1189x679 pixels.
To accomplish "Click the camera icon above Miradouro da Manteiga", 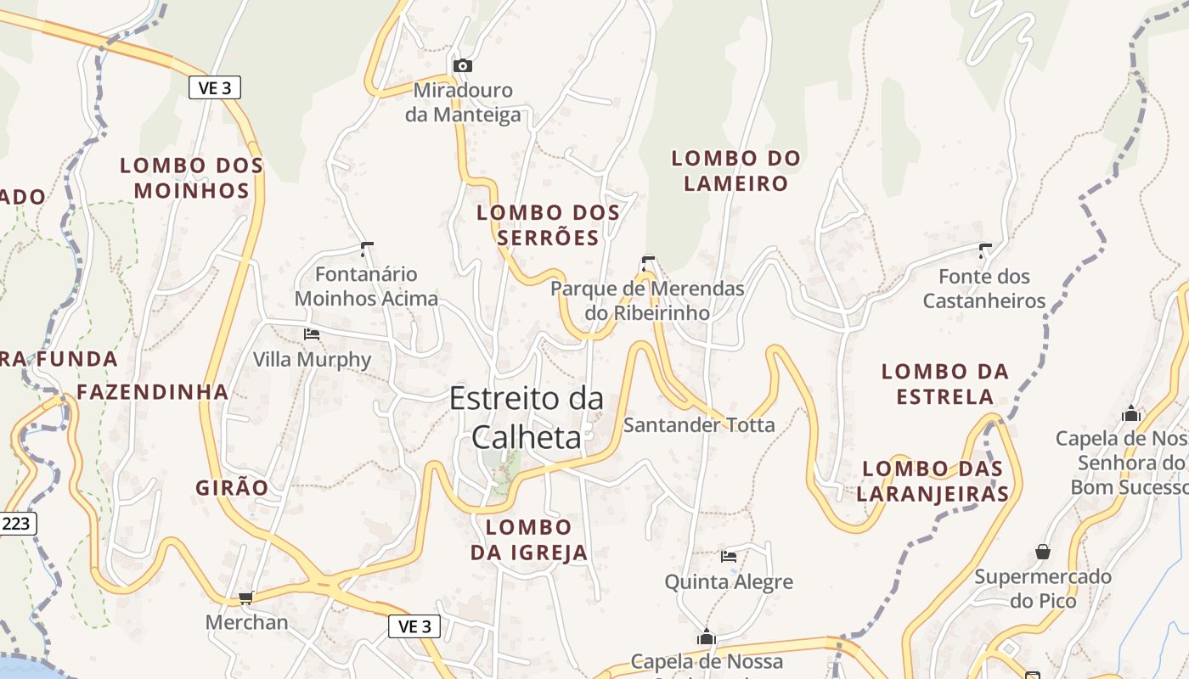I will point(462,65).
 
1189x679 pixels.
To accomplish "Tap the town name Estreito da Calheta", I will point(527,417).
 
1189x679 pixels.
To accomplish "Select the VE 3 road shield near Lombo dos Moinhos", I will point(215,87).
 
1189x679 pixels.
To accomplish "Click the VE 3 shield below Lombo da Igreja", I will point(414,626).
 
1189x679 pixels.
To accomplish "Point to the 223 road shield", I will point(16,523).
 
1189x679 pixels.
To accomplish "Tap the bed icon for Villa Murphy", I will point(312,334).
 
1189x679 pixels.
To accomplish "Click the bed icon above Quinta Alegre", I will point(728,557).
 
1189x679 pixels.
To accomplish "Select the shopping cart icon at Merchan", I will point(246,598).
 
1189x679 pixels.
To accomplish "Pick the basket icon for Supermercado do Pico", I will point(1043,553).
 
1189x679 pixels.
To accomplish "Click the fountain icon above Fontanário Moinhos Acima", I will point(367,249).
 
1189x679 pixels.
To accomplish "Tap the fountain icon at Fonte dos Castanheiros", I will point(984,250).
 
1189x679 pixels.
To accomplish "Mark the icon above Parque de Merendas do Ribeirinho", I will point(648,262).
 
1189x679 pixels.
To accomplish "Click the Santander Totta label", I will point(699,424).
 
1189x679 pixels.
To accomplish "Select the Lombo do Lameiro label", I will point(735,171).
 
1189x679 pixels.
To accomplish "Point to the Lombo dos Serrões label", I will point(548,225).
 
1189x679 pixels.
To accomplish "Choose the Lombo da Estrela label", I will point(944,384).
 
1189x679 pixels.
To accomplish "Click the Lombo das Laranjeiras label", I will point(933,481).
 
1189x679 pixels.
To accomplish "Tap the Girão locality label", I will point(232,488).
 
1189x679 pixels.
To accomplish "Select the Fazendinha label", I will point(153,392).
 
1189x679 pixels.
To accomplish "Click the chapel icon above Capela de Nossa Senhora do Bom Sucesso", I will point(1130,414).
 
